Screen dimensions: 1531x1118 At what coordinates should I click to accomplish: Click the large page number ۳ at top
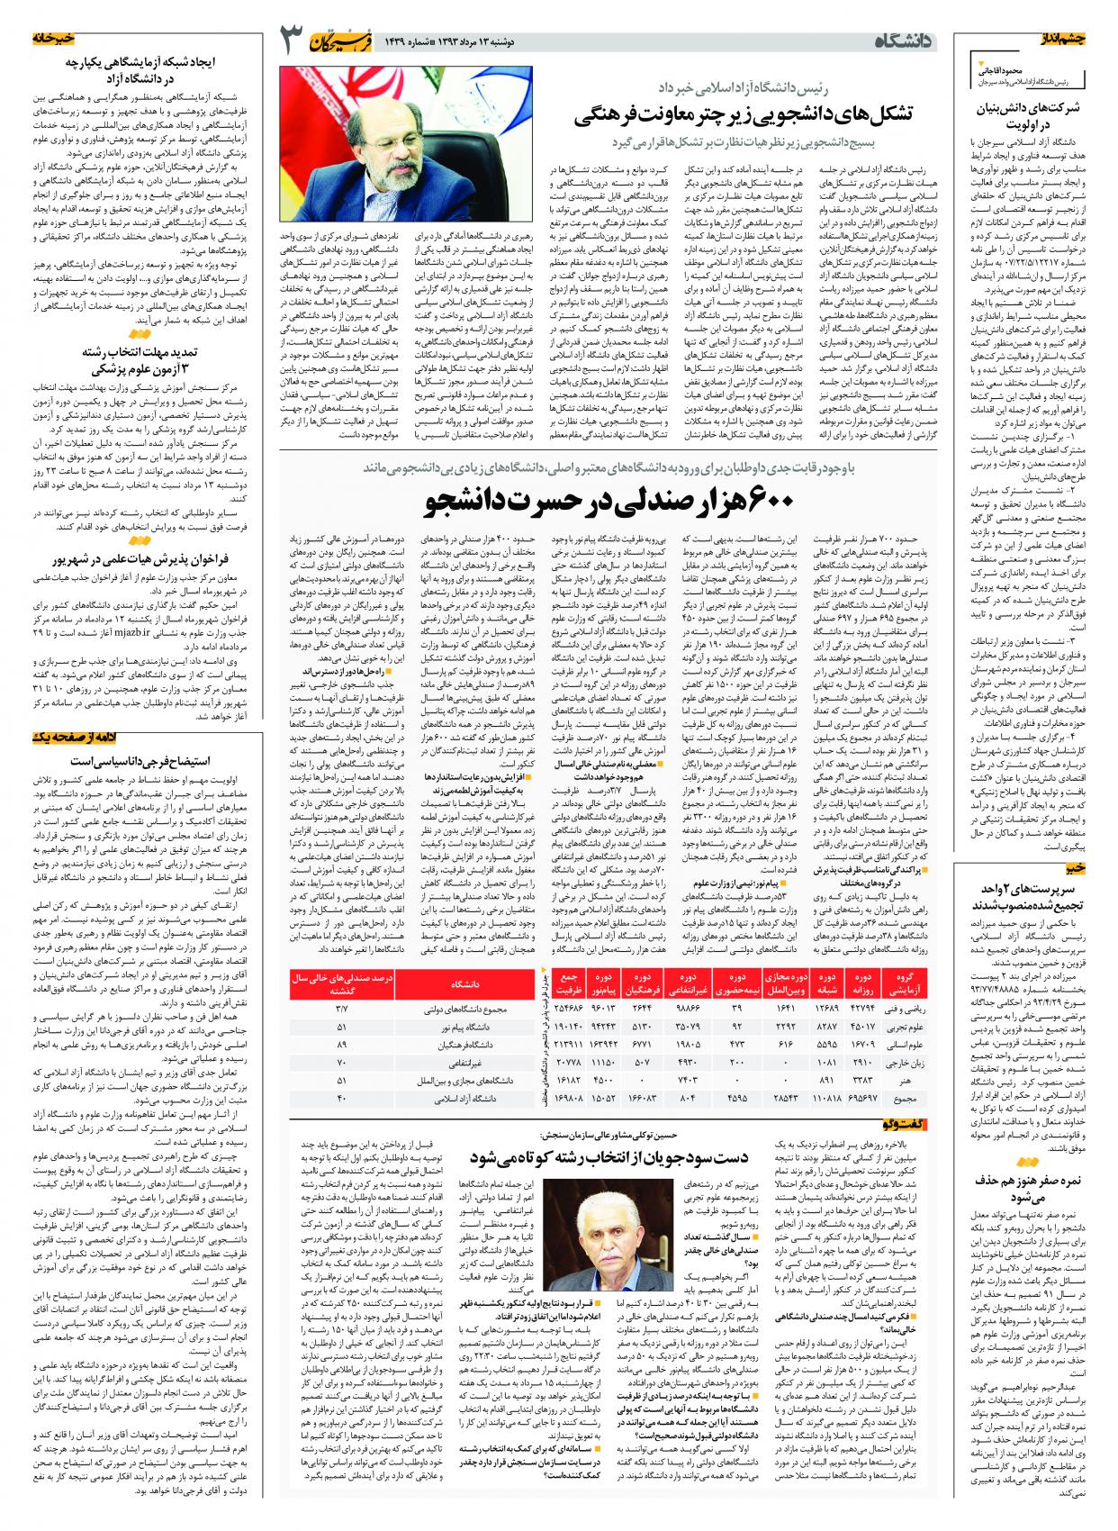point(293,41)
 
